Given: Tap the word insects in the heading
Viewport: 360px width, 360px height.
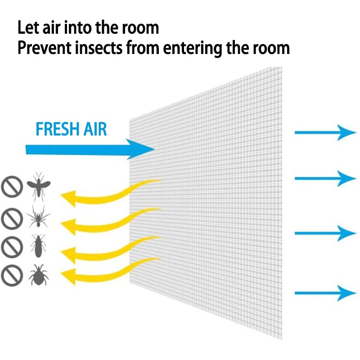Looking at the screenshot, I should click(96, 48).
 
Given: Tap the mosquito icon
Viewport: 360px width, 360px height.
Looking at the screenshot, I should click(39, 185).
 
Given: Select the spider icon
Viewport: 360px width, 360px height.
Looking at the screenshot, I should click(39, 218).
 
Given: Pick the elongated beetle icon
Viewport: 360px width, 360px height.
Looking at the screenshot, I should click(38, 246).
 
